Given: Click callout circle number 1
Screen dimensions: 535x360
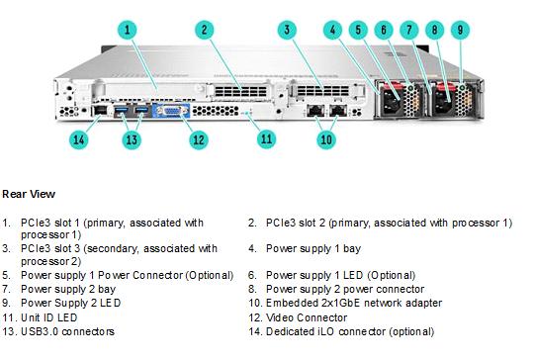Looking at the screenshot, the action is [x=128, y=30].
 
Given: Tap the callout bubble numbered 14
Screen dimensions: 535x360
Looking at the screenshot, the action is [x=79, y=139].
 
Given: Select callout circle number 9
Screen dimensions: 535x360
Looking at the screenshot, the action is [x=460, y=30].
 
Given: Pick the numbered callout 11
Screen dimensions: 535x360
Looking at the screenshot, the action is [x=266, y=138].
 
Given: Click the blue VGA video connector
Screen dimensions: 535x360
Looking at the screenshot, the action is [x=172, y=111].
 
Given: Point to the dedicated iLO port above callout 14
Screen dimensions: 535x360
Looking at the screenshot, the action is [x=100, y=110].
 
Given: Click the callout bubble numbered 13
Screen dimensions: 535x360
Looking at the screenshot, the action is [x=132, y=139].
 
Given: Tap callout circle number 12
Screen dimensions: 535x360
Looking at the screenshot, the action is [x=199, y=139].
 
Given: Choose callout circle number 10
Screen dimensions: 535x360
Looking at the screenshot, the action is [x=326, y=139].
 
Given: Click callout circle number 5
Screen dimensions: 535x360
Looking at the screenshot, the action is [x=358, y=30].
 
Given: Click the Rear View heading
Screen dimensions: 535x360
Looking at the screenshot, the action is [x=29, y=194].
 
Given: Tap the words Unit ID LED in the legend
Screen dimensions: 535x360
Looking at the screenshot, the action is [x=49, y=317].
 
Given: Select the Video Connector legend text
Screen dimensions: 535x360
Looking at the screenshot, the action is [x=307, y=317].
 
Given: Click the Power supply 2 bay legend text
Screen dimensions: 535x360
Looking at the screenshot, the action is [x=68, y=290].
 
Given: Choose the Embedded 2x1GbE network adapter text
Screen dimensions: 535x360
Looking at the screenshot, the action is [x=354, y=303].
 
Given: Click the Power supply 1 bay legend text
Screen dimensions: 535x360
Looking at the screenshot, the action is [x=313, y=249].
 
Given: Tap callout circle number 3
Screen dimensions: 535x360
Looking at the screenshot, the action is [x=287, y=30].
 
